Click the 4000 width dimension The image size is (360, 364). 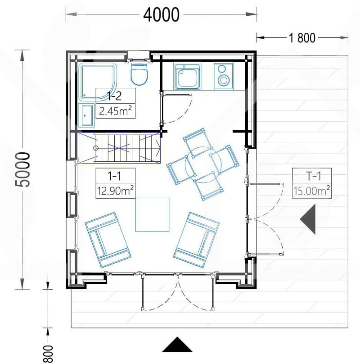161,14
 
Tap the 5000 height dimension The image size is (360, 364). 22,169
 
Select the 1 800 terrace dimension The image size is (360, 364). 302,38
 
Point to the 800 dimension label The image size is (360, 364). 48,354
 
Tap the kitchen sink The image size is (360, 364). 187,76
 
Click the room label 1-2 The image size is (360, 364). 114,96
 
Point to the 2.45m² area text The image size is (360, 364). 116,111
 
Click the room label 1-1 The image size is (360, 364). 114,177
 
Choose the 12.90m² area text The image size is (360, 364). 115,191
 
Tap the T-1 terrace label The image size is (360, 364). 313,176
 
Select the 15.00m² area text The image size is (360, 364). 312,191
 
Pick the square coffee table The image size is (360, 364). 152,215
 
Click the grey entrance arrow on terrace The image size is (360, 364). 308,219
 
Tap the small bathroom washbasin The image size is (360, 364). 87,115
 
